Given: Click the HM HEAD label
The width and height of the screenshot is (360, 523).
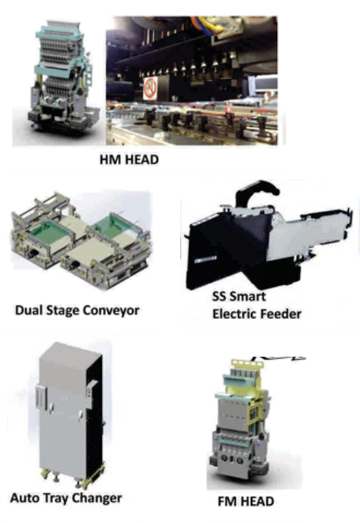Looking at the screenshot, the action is pyautogui.click(x=129, y=159).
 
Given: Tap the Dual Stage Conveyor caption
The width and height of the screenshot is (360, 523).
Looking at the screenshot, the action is pyautogui.click(x=77, y=311).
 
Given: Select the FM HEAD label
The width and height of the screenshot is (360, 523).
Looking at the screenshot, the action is pyautogui.click(x=246, y=501).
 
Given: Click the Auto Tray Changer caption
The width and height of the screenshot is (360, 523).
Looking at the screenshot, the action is pyautogui.click(x=66, y=499).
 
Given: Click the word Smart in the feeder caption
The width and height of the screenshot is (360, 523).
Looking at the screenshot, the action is pyautogui.click(x=248, y=296).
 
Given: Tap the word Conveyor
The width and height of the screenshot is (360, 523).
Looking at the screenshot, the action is pyautogui.click(x=111, y=311).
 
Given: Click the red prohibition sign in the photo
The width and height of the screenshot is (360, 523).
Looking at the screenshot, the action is pyautogui.click(x=150, y=88).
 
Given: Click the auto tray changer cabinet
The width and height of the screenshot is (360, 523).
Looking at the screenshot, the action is pyautogui.click(x=70, y=413).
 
